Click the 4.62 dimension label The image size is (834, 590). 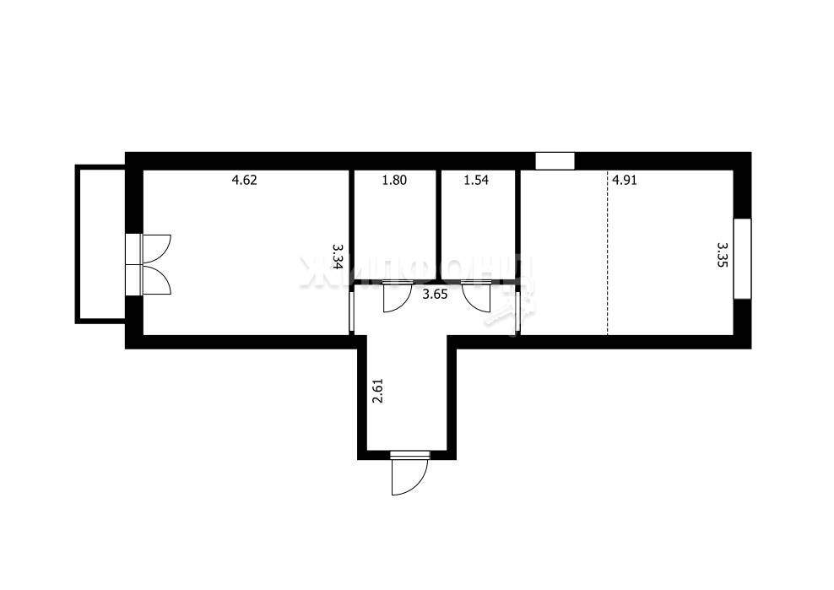(x=244, y=180)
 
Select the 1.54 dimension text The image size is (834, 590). (x=477, y=180)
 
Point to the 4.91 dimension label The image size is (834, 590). (x=625, y=180)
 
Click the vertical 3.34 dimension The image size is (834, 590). (x=337, y=256)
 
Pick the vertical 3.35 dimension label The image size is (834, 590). (x=722, y=255)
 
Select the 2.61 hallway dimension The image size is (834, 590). (x=377, y=392)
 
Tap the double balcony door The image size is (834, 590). (x=150, y=263)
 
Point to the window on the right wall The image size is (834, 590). (x=742, y=258)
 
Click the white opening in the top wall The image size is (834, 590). (x=555, y=160)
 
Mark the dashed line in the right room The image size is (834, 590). (x=608, y=253)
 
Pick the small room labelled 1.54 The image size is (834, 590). (x=477, y=228)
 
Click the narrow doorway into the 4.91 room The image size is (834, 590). (x=518, y=312)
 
